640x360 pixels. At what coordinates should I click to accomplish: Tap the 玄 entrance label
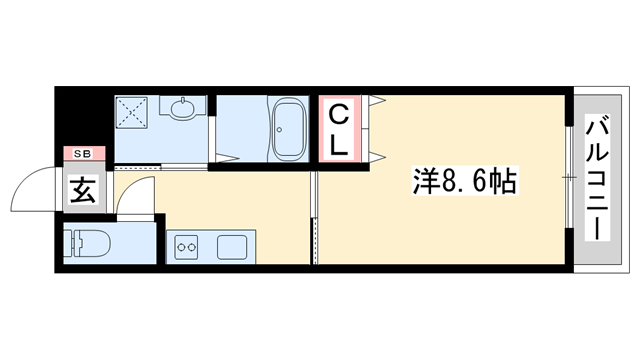(82, 188)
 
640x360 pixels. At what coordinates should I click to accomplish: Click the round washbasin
(183, 109)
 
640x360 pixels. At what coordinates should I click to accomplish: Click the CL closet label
(340, 128)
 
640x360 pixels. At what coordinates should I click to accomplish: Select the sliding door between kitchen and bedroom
(314, 217)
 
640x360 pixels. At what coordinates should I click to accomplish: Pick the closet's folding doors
(376, 127)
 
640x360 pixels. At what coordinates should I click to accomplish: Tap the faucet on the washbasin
(183, 99)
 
